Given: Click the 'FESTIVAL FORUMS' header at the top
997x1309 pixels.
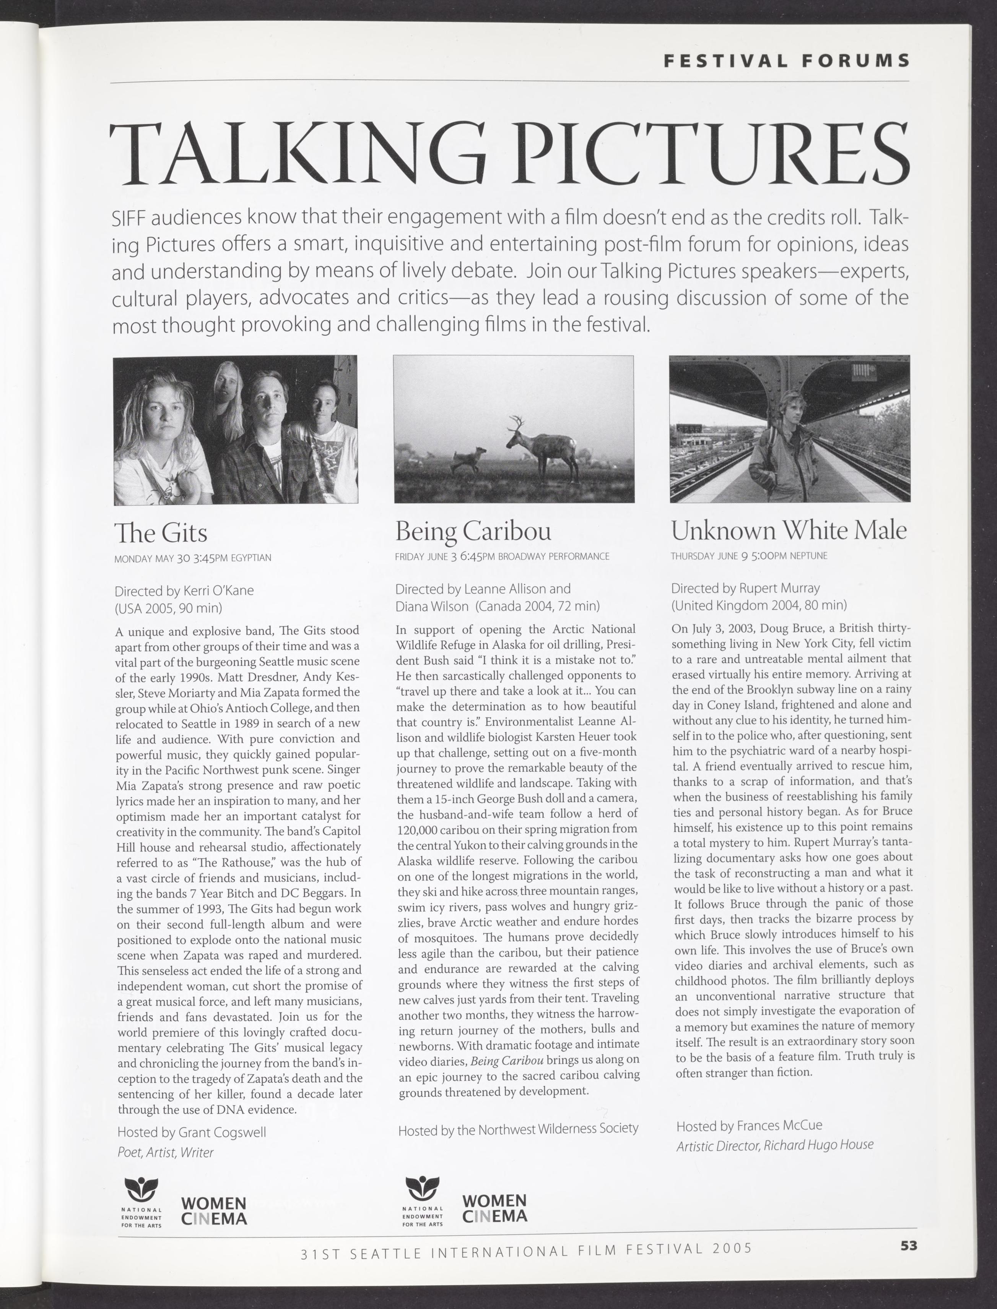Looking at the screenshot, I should click(786, 60).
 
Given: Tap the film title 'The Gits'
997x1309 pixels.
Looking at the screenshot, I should click(161, 533).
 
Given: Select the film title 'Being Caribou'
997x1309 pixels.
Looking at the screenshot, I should click(473, 531).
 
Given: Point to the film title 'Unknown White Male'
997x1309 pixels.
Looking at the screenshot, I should click(789, 530).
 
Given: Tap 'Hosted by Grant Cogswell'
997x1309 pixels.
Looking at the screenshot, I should click(191, 1133).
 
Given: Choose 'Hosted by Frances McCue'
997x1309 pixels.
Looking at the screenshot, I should click(749, 1126).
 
